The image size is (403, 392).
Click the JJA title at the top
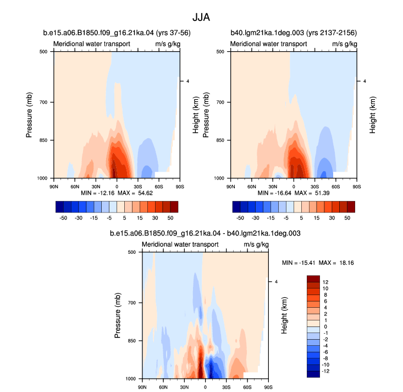click(201, 18)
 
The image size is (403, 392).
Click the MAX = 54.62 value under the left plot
click(135, 193)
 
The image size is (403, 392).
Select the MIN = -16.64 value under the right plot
click(274, 193)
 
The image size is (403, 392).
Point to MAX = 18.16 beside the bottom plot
click(336, 263)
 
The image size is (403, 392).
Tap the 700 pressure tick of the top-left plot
click(43, 102)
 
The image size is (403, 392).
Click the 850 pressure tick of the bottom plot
click(131, 341)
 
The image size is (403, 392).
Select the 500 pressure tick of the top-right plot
click(220, 52)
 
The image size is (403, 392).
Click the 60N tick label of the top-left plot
click(75, 187)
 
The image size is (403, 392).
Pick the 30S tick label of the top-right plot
click(314, 187)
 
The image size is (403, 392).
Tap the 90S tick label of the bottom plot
click(268, 387)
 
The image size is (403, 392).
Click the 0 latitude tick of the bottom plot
click(205, 387)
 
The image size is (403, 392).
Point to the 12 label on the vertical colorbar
click(325, 282)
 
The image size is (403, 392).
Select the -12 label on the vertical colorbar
click(325, 371)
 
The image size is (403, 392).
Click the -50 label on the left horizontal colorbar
click(63, 218)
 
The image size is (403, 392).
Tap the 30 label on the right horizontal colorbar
click(332, 218)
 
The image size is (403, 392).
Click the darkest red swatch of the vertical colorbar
click(313, 279)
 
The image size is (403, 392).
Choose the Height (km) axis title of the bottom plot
click(284, 315)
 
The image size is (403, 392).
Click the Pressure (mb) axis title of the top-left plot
click(29, 115)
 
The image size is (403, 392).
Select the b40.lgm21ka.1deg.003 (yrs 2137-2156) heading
click(294, 33)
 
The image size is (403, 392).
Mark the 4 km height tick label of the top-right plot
click(365, 81)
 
